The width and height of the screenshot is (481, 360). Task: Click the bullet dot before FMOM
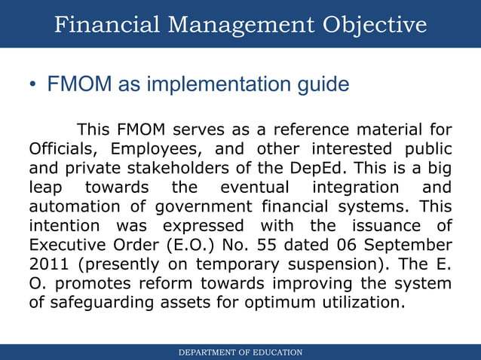point(34,85)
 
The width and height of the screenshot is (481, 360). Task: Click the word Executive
point(71,245)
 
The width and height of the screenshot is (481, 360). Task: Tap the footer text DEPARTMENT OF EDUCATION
point(240,352)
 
